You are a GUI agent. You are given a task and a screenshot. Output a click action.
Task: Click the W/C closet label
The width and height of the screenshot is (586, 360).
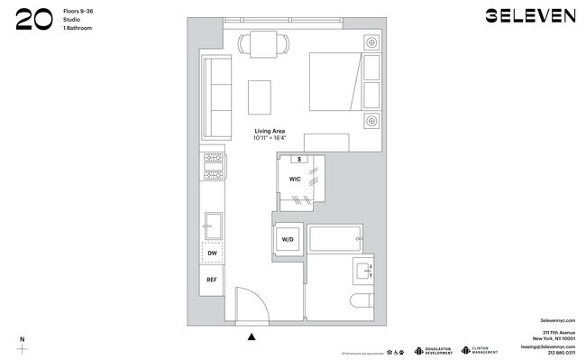click(295, 180)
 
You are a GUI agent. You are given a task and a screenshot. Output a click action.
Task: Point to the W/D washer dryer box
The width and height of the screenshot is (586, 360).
click(288, 240)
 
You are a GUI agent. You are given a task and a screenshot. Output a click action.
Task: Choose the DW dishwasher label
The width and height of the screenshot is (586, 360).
click(213, 254)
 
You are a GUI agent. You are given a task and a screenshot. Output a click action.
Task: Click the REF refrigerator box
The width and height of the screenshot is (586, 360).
click(213, 280)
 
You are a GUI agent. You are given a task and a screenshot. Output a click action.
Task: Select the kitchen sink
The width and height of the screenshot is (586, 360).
click(214, 223)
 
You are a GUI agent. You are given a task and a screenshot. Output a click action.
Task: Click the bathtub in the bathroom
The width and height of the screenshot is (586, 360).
click(335, 240)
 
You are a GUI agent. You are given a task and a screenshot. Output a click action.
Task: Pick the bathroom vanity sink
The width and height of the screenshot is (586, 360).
click(363, 270)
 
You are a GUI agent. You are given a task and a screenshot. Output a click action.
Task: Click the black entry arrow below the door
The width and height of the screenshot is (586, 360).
click(252, 337)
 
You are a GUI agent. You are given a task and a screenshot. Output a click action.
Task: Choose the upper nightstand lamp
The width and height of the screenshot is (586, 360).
click(371, 42)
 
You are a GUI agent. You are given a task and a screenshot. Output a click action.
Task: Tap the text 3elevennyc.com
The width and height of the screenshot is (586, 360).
click(557, 320)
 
